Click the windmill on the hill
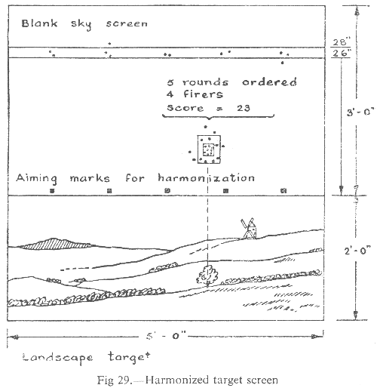(249, 228)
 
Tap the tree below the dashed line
(207, 275)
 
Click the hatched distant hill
(55, 244)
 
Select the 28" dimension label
(342, 42)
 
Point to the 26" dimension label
(342, 53)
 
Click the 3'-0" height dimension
(360, 112)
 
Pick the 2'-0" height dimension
(357, 251)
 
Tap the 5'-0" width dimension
(166, 336)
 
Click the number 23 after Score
(244, 108)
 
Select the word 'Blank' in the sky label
(39, 23)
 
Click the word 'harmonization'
(206, 177)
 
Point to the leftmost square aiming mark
(52, 191)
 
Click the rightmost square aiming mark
(284, 190)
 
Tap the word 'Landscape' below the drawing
(57, 358)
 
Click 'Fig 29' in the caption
(115, 380)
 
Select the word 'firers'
(203, 94)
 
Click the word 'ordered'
(269, 82)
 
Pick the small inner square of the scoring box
(208, 149)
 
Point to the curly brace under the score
(218, 116)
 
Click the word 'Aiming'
(37, 178)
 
